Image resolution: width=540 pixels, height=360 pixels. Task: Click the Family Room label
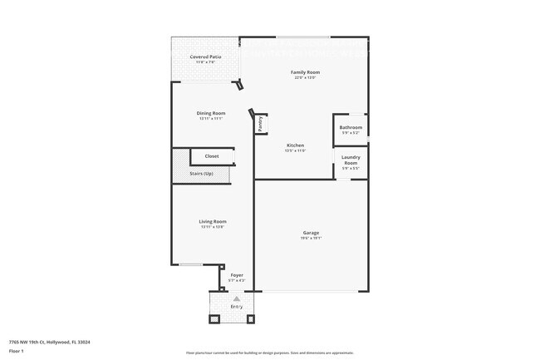(305, 72)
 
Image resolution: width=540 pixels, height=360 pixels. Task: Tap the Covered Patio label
(205, 57)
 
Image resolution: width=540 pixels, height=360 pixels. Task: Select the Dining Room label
(211, 113)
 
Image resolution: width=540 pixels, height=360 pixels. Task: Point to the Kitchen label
(296, 145)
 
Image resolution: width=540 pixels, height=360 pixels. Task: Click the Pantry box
(260, 124)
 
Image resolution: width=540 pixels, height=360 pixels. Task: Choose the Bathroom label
(351, 127)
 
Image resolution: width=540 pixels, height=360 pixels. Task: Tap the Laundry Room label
(351, 160)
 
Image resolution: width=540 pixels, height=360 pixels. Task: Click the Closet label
(212, 156)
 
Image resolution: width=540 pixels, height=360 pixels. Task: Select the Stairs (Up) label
(202, 173)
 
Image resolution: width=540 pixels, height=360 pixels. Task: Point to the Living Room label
(213, 221)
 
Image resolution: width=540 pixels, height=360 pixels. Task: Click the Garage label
(311, 233)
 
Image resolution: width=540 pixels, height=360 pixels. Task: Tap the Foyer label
(237, 274)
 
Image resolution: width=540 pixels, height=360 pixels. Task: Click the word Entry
(237, 307)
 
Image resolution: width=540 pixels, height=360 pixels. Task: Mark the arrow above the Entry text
(237, 298)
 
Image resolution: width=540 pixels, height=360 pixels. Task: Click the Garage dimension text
(311, 239)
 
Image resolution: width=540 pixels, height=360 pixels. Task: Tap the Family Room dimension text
(305, 78)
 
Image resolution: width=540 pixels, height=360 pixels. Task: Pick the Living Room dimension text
(213, 227)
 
